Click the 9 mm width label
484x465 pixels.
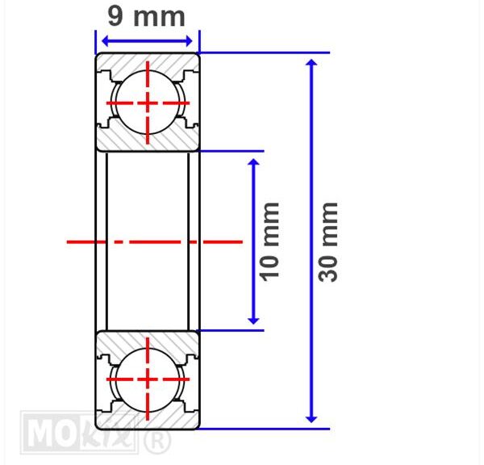point(146,16)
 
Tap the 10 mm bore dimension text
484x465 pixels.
point(269,242)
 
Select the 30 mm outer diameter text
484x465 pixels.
point(328,242)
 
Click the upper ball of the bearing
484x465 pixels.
point(148,103)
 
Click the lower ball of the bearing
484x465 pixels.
point(148,379)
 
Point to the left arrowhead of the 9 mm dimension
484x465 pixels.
point(105,41)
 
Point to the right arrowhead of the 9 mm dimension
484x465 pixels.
point(189,41)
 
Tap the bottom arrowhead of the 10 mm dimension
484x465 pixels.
point(254,320)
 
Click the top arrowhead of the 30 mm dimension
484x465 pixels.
point(311,62)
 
